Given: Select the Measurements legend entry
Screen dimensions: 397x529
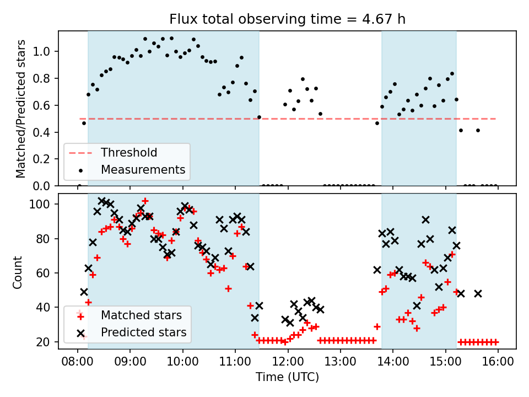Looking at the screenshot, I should (143, 169).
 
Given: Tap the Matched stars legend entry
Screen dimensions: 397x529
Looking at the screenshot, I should (141, 315).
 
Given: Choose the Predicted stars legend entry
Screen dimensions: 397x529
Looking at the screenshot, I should (144, 332).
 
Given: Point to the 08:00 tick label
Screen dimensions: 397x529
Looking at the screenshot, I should (78, 361).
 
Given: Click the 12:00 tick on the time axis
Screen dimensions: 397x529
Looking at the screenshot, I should (288, 361).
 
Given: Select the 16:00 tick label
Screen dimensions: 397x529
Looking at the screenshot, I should (498, 361).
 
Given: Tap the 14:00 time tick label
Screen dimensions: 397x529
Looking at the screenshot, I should (393, 361).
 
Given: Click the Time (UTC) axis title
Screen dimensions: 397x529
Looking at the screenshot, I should (287, 377).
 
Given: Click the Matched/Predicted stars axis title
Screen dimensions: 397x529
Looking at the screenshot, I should (21, 109).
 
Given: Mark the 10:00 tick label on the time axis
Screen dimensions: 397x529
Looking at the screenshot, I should (183, 361).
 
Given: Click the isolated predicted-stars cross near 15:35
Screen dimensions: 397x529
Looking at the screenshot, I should (478, 293).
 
